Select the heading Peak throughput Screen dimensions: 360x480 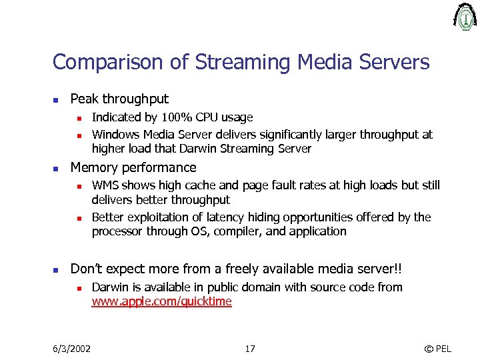119,99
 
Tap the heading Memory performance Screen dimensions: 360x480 133,167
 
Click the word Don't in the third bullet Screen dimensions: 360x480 85,269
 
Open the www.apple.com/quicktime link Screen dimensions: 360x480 161,302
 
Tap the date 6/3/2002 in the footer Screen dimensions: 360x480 72,349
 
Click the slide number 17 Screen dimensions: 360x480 249,349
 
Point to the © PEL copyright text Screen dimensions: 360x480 437,349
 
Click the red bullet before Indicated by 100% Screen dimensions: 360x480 78,119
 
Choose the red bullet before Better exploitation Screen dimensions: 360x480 78,218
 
